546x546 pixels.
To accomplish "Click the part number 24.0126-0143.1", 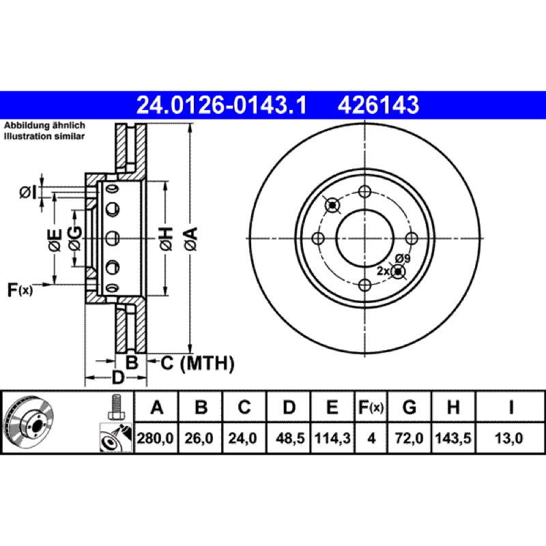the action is click(221, 105).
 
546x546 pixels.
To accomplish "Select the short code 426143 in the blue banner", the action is click(378, 105).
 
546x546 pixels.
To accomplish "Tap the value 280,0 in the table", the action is click(156, 438).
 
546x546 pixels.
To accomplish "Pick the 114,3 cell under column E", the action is click(332, 438).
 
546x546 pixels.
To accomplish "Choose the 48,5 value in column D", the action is click(289, 438).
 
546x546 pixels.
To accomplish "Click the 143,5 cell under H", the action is click(453, 438).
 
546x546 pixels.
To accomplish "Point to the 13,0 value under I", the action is click(508, 438).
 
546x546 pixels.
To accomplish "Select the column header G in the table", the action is click(409, 407).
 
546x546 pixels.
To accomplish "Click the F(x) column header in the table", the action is click(371, 407).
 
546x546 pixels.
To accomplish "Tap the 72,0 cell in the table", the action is click(409, 438).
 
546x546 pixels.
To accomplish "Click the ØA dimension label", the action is click(191, 239).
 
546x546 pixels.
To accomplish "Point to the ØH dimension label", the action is click(166, 239).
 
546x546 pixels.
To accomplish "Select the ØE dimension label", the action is click(55, 240).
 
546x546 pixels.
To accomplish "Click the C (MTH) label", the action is click(197, 363).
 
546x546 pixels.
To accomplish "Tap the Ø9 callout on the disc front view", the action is click(403, 259).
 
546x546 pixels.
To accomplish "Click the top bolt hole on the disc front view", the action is click(364, 191).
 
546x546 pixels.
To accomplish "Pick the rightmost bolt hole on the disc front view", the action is click(412, 238).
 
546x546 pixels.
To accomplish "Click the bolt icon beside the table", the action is click(116, 407).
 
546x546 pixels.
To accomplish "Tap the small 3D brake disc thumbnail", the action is click(29, 422).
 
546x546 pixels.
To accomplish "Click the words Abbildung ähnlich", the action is click(44, 126).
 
